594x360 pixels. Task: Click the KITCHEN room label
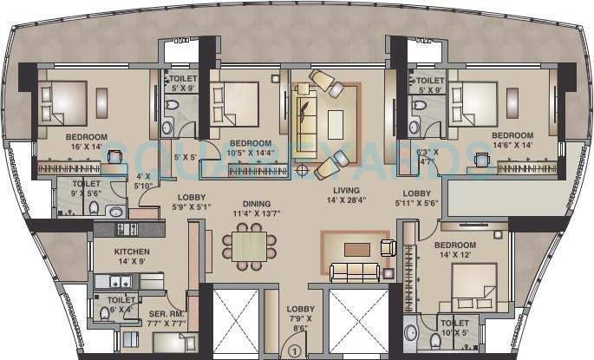tap(132, 252)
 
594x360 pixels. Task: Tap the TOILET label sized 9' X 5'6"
tap(79, 188)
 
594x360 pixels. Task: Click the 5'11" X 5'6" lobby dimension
tap(416, 204)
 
